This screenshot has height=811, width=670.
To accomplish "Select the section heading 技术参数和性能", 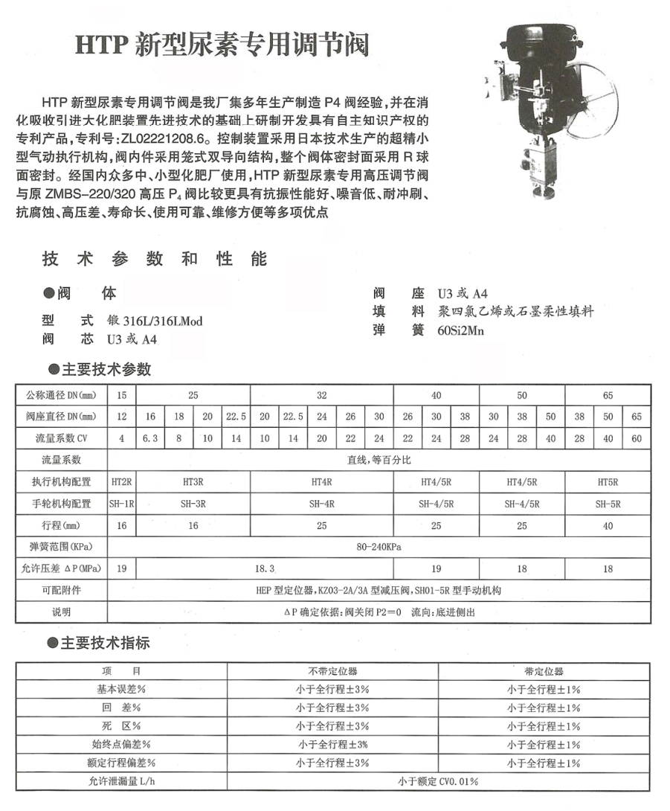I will (155, 260).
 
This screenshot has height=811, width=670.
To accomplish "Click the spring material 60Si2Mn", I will (461, 330).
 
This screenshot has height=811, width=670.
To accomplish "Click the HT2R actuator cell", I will (122, 482).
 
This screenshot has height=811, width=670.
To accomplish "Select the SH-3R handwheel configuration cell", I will (193, 504).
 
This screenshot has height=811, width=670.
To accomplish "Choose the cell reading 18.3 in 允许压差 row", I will (265, 568).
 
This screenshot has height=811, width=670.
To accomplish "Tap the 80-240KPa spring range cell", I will (379, 547).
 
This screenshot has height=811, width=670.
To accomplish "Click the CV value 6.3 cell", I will (151, 438).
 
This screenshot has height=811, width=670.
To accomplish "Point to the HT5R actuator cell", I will (608, 482).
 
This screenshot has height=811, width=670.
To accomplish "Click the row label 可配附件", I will (61, 590).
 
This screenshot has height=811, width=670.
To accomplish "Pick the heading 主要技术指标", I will (105, 643).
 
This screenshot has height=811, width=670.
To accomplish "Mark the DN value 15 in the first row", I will (122, 395).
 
